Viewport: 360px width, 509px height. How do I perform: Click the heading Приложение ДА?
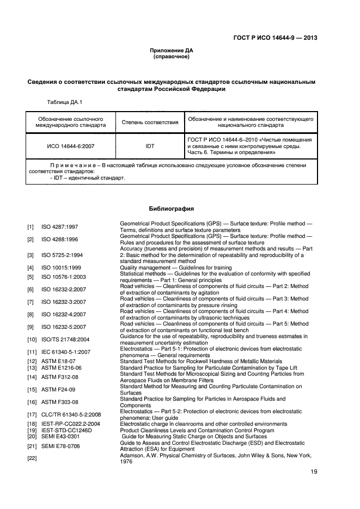[x=172, y=50]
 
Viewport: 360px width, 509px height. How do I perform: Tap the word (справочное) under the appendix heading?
[x=172, y=57]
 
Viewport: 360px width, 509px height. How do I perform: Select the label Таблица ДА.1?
[x=65, y=102]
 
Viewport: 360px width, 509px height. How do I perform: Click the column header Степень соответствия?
[x=150, y=122]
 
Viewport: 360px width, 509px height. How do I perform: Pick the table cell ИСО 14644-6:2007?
[x=71, y=146]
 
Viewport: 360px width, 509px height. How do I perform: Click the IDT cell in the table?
[x=150, y=146]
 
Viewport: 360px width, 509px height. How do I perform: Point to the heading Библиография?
[x=172, y=208]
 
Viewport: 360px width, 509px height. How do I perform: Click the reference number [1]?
[x=31, y=227]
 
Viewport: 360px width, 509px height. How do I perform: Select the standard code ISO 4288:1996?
[x=59, y=240]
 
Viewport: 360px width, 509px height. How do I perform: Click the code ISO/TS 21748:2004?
[x=65, y=340]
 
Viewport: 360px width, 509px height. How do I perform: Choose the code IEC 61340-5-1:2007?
[x=66, y=352]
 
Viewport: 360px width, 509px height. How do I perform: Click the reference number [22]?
[x=32, y=458]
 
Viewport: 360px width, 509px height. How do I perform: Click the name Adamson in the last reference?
[x=133, y=455]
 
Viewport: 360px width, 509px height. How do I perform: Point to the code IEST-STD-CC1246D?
[x=66, y=430]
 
